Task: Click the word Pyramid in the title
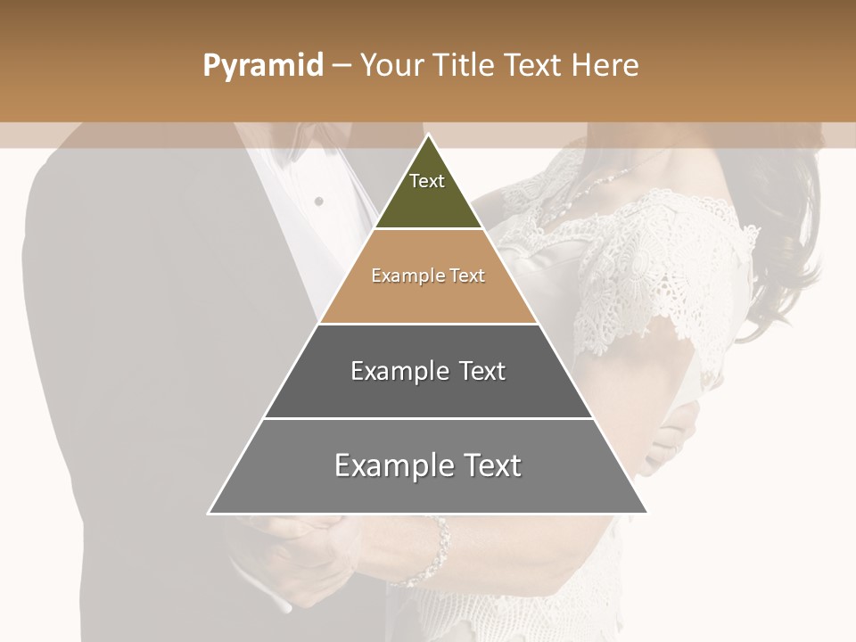(x=262, y=66)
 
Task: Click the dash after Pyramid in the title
(x=342, y=66)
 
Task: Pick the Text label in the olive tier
(x=427, y=181)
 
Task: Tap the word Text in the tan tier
(x=468, y=276)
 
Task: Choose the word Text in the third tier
(x=482, y=371)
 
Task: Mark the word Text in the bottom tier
(x=492, y=465)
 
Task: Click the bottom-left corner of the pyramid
(x=210, y=513)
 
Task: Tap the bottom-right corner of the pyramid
(x=646, y=513)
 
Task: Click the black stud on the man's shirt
(x=318, y=202)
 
